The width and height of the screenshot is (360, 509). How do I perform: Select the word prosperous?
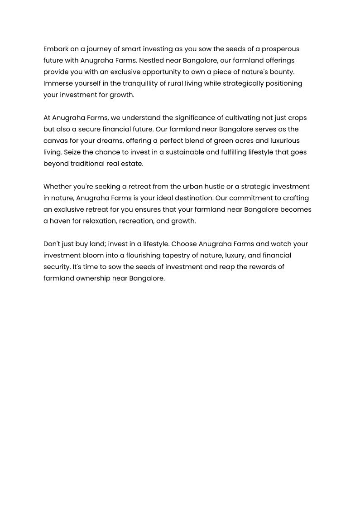tap(280, 49)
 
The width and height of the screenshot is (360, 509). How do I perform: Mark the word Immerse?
tap(58, 83)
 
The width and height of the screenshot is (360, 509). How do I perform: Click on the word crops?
tap(297, 118)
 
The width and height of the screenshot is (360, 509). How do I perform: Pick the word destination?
tap(193, 198)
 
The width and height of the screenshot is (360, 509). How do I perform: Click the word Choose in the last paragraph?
tap(184, 244)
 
